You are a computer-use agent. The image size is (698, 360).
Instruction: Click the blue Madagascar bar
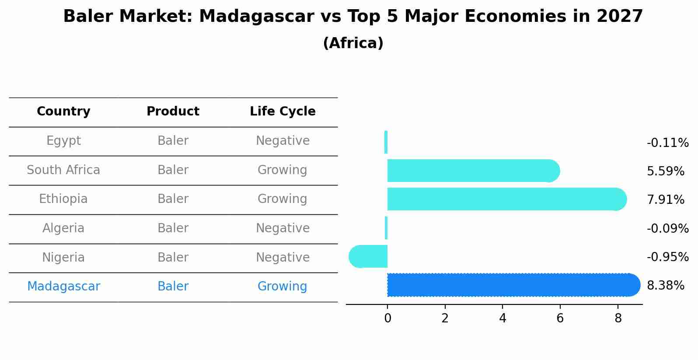point(512,285)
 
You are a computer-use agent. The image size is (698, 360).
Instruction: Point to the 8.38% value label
point(665,286)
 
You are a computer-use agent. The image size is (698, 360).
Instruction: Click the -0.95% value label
point(667,257)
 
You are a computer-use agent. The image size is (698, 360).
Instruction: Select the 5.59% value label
point(665,171)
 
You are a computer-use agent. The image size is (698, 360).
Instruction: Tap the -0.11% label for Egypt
point(667,143)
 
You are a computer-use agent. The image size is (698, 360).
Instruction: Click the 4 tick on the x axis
point(503,318)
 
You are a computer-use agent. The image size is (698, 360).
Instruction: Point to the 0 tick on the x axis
point(387,318)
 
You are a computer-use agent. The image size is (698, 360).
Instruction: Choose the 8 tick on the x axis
point(618,318)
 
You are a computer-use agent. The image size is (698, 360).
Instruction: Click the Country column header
point(63,112)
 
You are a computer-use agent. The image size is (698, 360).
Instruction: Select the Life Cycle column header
point(283,112)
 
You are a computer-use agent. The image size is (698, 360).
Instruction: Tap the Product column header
point(173,112)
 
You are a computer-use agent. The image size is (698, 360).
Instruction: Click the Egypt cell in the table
point(63,141)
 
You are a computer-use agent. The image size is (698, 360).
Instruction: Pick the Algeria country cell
point(63,228)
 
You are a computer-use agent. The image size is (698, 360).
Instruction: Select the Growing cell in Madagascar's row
point(282,287)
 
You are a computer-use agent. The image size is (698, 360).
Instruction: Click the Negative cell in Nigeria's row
point(283,258)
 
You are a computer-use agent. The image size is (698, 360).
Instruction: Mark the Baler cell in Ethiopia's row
point(173,199)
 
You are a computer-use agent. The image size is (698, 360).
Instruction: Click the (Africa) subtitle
point(353,43)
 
